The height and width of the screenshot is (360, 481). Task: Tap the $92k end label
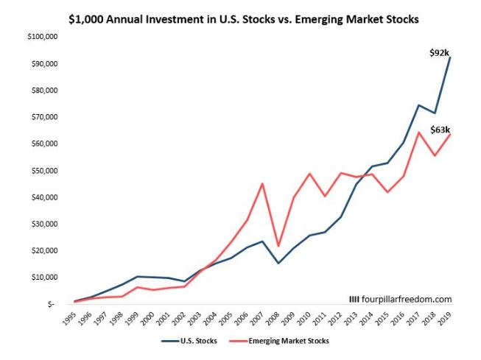440,52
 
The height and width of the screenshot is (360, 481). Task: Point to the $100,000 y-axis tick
31,37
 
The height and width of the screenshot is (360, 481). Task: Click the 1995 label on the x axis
72,317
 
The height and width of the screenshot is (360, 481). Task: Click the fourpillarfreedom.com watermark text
401,299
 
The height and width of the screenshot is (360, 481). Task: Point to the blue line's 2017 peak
418,105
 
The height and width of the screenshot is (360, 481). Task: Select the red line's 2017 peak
418,133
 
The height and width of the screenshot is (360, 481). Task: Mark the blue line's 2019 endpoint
450,57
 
